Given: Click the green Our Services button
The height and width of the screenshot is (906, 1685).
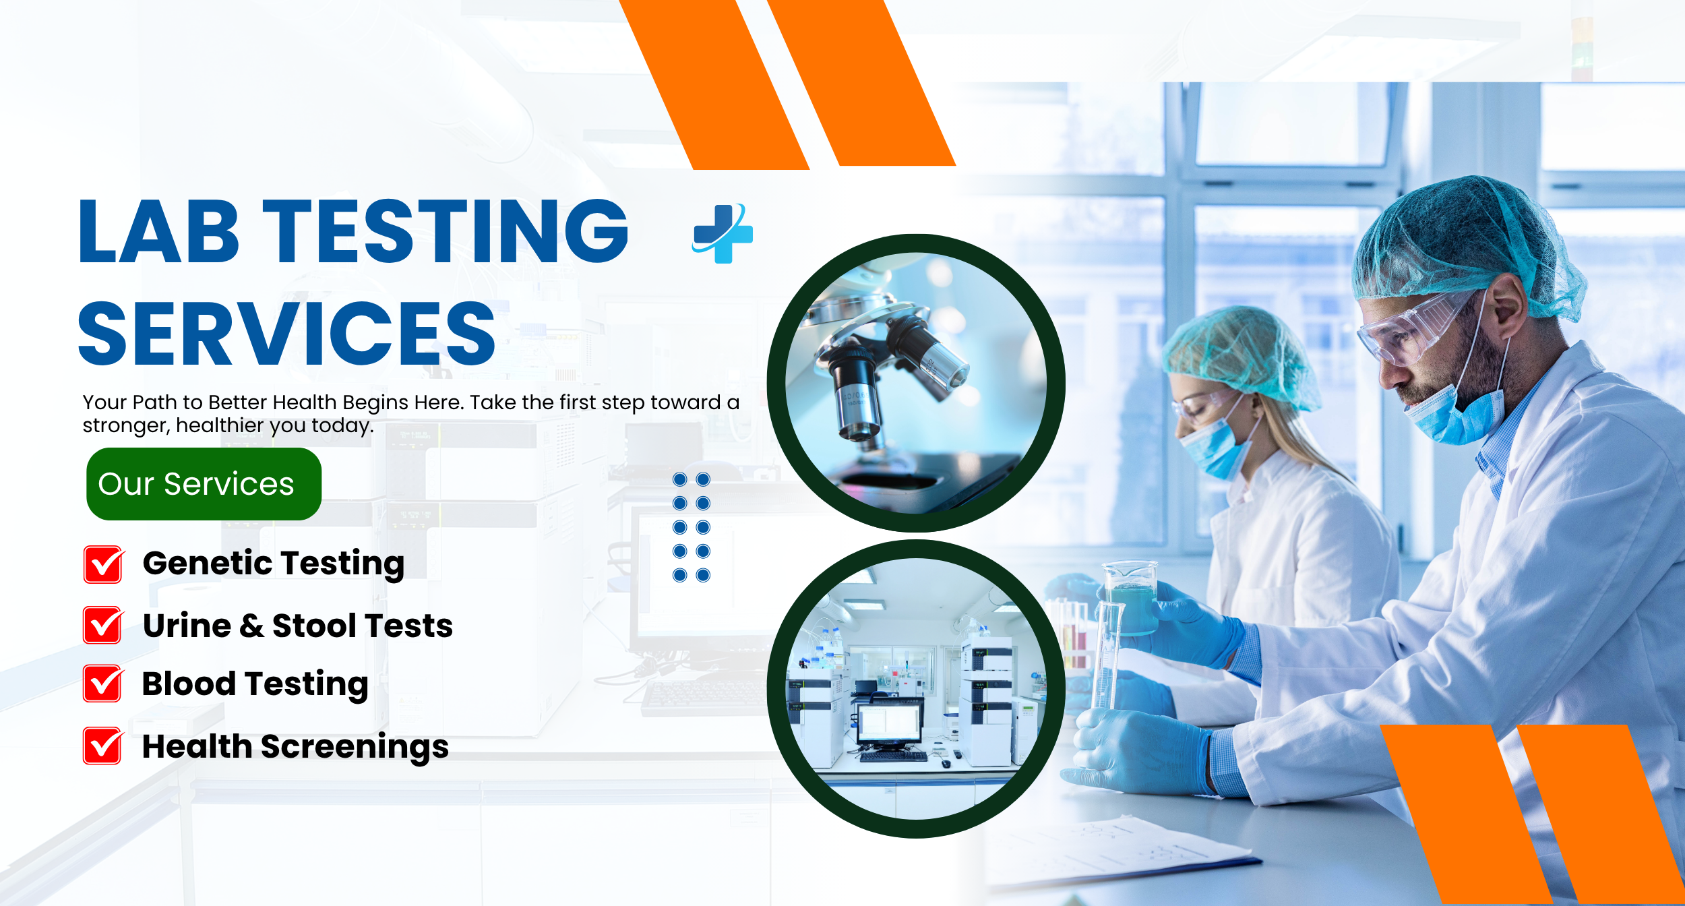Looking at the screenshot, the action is click(204, 483).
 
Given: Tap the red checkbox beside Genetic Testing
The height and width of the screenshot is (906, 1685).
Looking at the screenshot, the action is click(103, 564).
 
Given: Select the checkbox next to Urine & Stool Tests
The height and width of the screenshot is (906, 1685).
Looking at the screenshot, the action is click(103, 625).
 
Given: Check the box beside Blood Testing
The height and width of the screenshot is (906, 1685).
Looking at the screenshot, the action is click(103, 684).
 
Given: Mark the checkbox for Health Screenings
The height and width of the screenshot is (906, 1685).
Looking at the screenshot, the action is click(103, 746).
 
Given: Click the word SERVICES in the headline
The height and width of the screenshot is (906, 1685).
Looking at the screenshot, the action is click(287, 334).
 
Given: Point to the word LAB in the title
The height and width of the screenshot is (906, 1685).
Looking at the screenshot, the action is click(159, 231).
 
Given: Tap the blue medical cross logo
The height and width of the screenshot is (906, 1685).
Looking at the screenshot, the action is click(723, 233).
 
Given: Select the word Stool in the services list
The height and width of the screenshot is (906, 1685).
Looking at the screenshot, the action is click(315, 626).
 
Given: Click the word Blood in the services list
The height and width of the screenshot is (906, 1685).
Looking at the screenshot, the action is click(189, 684).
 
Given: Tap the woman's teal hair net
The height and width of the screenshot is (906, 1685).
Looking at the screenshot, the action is click(1240, 354).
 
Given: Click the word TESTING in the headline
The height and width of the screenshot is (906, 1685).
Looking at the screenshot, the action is click(445, 231).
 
